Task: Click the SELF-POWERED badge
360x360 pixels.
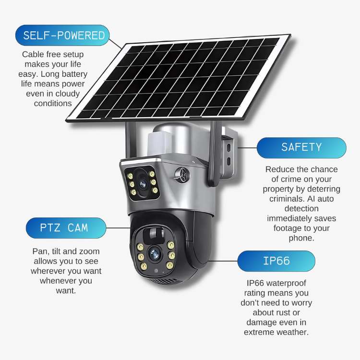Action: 62,35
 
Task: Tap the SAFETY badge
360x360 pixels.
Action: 301,148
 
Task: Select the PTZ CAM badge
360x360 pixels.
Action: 66,228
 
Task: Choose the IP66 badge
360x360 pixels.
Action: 276,261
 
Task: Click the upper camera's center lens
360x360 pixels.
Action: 143,184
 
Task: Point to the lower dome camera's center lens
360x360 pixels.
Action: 154,254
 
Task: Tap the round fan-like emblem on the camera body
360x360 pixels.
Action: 182,175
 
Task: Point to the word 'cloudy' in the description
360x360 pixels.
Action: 68,94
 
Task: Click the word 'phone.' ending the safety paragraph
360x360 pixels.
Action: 301,238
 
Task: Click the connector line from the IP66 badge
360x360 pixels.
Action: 222,261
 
